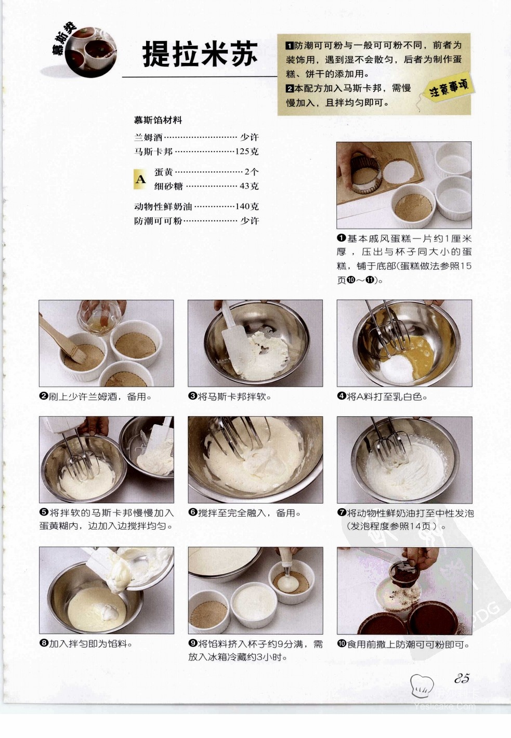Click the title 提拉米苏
200,54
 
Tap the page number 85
462,678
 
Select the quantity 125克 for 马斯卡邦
247,152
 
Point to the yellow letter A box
140,179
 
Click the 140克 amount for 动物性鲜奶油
247,206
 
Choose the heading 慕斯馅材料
158,120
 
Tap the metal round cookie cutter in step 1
366,174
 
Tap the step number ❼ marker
342,513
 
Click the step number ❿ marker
342,644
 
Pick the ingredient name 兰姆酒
148,137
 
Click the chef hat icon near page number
422,686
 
